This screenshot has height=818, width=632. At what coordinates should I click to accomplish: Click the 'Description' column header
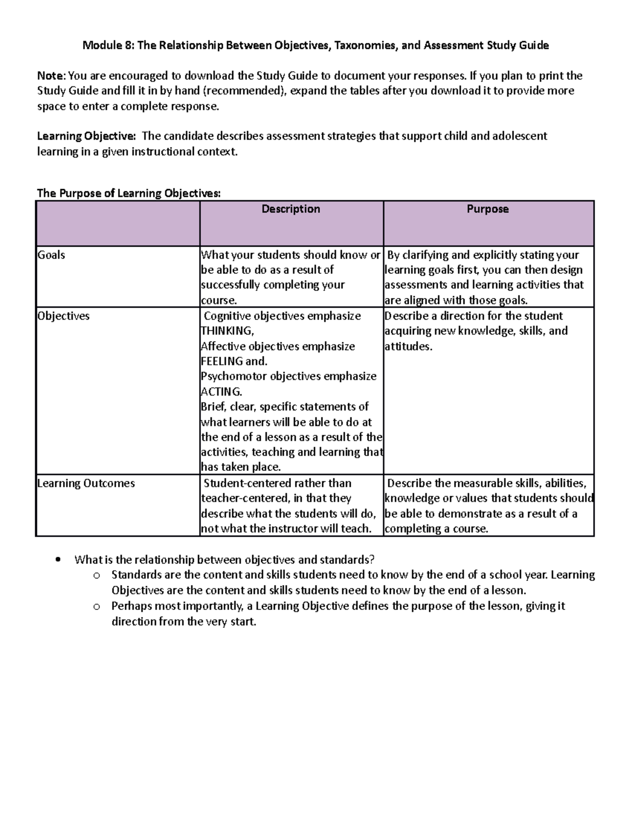pyautogui.click(x=291, y=209)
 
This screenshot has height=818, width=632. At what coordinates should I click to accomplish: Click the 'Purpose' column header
pyautogui.click(x=487, y=209)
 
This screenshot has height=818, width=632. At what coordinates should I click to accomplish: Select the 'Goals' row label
pyautogui.click(x=51, y=255)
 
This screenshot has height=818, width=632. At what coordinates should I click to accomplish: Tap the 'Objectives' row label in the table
pyautogui.click(x=63, y=316)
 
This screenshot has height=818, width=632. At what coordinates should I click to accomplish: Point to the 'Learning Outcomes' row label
pyautogui.click(x=86, y=484)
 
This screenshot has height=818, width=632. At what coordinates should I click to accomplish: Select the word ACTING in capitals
pyautogui.click(x=220, y=392)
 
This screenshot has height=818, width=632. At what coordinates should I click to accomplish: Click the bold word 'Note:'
pyautogui.click(x=52, y=76)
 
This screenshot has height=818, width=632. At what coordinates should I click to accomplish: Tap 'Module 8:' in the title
pyautogui.click(x=108, y=46)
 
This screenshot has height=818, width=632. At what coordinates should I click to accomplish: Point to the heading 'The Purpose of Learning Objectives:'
pyautogui.click(x=129, y=193)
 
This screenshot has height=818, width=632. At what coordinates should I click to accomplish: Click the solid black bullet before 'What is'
pyautogui.click(x=58, y=559)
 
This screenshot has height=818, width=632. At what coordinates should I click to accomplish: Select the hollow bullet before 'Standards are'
pyautogui.click(x=96, y=575)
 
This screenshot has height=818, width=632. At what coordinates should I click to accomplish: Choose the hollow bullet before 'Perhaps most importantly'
pyautogui.click(x=96, y=606)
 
